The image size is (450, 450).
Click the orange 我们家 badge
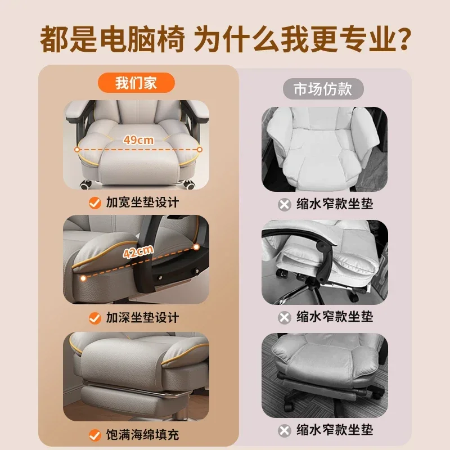pyautogui.click(x=136, y=83)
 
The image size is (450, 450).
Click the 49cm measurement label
pyautogui.click(x=138, y=141)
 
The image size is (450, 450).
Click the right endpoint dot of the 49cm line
pyautogui.click(x=199, y=149)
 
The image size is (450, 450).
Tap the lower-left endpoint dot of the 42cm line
pyautogui.click(x=83, y=277)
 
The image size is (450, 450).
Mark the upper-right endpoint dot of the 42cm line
pyautogui.click(x=195, y=246)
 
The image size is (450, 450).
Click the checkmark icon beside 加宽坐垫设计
pyautogui.click(x=95, y=202)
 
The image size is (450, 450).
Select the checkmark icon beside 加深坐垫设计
pyautogui.click(x=95, y=318)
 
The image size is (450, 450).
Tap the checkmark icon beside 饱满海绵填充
pyautogui.click(x=95, y=434)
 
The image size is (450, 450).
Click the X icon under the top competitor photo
pyautogui.click(x=285, y=204)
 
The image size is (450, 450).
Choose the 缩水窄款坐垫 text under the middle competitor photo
pyautogui.click(x=334, y=317)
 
